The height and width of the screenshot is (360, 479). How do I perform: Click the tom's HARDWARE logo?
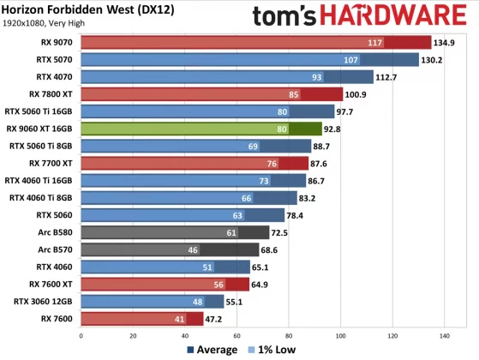tap(361, 16)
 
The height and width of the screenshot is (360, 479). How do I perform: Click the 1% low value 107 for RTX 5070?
tap(350, 60)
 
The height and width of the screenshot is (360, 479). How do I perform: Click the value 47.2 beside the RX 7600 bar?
tap(216, 318)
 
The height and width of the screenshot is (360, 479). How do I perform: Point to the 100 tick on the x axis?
tap(341, 335)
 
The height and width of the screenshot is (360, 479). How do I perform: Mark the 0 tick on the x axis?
tap(81, 335)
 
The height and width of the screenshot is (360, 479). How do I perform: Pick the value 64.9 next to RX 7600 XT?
tap(261, 284)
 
